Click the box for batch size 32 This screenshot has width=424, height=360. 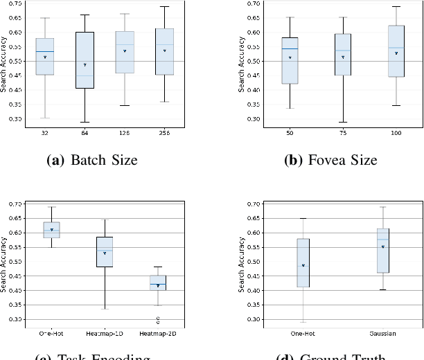(x=44, y=56)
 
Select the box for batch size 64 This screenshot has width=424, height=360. (x=85, y=60)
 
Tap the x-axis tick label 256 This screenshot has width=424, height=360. (x=164, y=132)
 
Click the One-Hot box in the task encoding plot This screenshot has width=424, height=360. (x=52, y=229)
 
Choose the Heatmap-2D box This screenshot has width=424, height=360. (x=158, y=282)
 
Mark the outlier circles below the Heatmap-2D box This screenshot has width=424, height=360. (x=158, y=320)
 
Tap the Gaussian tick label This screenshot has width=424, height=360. (x=382, y=333)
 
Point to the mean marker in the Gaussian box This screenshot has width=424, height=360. (x=382, y=246)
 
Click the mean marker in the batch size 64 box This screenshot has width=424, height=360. (x=85, y=65)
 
